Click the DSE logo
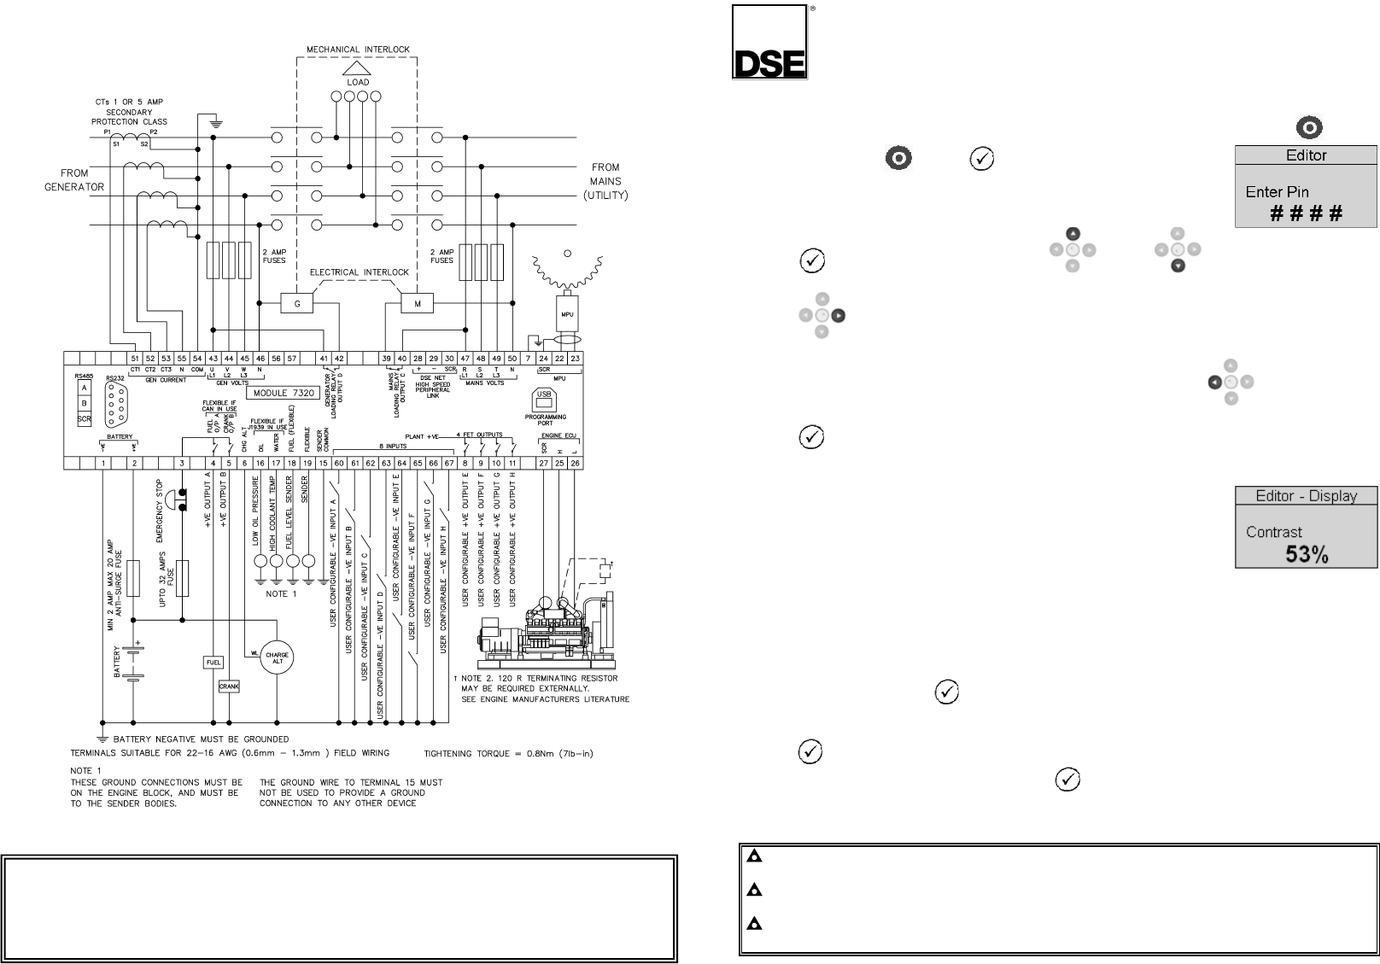coord(769,43)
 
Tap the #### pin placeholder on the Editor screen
coord(1307,213)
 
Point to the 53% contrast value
coord(1307,554)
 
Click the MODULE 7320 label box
coord(284,394)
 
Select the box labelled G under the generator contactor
coord(297,304)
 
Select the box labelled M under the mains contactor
coord(418,304)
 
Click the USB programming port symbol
coord(544,399)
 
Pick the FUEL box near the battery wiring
coord(213,662)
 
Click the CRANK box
coord(229,686)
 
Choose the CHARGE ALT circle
coord(277,657)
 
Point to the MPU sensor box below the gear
coord(567,314)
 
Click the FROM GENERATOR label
coord(74,179)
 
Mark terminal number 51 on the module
coord(135,359)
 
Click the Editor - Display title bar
coord(1306,496)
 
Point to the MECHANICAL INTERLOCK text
coord(358,50)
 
